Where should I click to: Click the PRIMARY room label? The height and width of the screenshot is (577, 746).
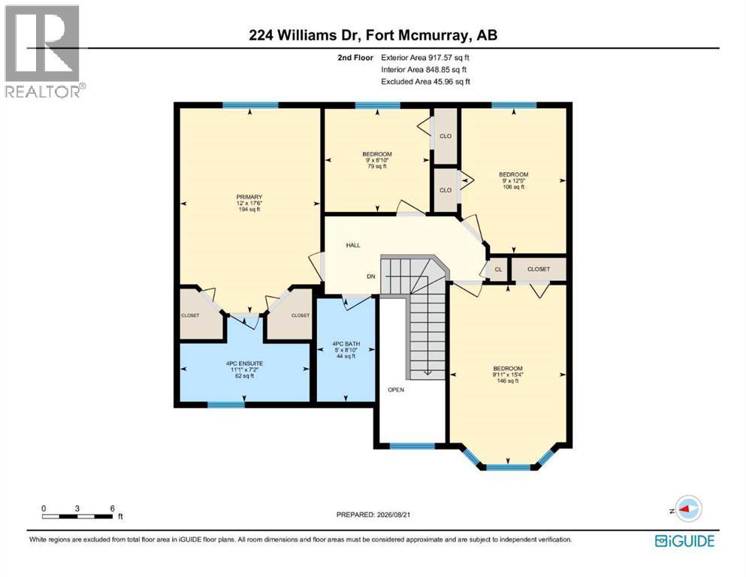[249, 197]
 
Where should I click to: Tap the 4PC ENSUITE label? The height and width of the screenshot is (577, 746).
[245, 364]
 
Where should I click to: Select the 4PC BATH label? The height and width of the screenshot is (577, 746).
[346, 343]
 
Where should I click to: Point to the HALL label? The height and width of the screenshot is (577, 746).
[353, 245]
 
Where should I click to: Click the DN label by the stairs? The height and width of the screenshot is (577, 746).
[371, 276]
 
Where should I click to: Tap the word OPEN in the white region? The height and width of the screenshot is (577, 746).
[396, 390]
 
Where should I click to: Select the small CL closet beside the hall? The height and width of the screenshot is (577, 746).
[498, 269]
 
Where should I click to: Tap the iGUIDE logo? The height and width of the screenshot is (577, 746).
[684, 541]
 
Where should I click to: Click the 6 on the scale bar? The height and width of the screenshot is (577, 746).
[112, 509]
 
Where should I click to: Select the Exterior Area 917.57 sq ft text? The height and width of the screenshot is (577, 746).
[425, 58]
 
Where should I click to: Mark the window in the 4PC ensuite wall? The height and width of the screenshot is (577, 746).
[226, 405]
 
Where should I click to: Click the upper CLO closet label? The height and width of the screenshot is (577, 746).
[445, 136]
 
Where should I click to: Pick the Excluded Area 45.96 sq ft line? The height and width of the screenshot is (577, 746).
[425, 81]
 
